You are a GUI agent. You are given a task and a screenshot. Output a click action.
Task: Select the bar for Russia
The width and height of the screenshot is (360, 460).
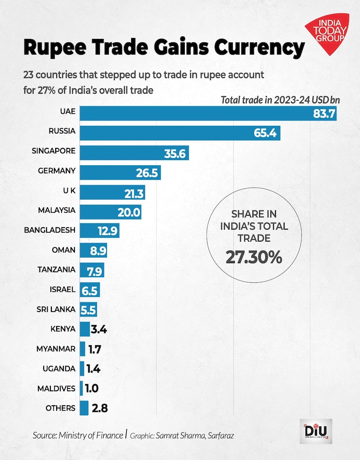point(180,133)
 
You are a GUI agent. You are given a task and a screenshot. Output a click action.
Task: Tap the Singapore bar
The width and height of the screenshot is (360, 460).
point(134,153)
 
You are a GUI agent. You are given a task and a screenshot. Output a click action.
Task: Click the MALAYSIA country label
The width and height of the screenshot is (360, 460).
point(57,210)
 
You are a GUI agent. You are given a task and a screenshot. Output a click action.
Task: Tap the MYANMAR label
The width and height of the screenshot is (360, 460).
point(56,349)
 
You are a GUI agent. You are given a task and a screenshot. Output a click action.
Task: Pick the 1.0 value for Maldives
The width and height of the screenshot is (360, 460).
point(93,388)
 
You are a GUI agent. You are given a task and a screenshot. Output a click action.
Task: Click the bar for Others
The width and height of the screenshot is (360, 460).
point(84,408)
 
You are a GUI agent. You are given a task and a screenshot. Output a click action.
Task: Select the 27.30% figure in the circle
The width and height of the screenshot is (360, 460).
point(253,258)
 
